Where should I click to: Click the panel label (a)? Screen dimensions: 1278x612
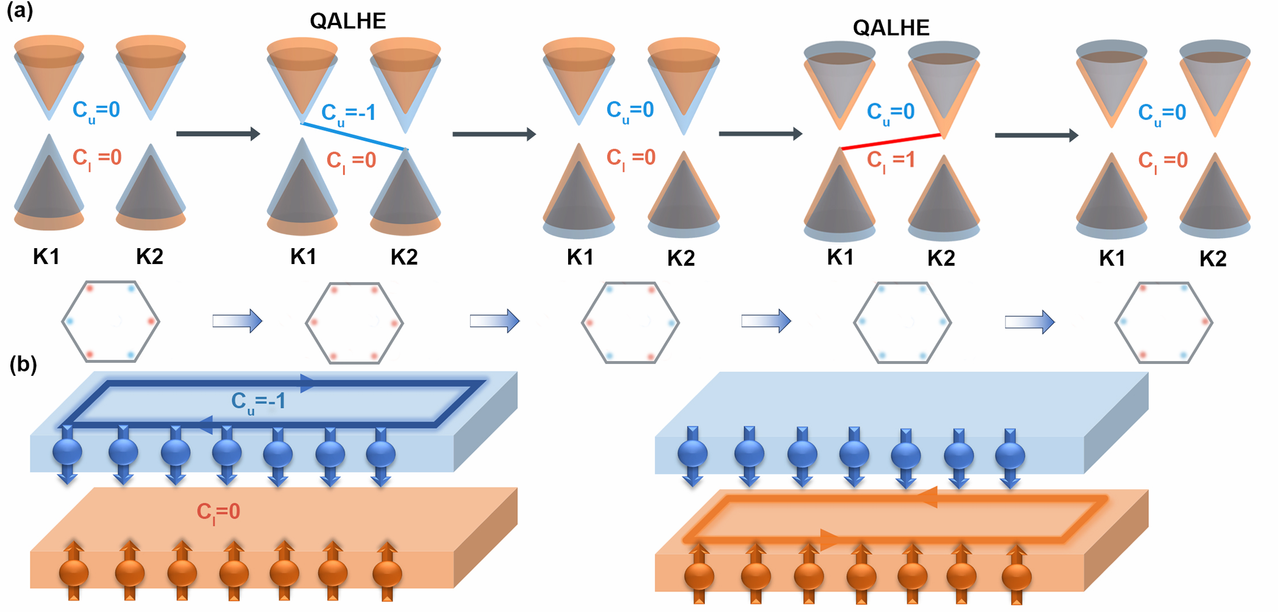pos(20,11)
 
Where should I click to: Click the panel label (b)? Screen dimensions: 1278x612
pos(23,364)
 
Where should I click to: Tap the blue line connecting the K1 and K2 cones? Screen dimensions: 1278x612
pos(354,136)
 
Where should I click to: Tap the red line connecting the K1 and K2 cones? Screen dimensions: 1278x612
pos(891,141)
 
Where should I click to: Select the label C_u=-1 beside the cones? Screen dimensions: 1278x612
pos(348,113)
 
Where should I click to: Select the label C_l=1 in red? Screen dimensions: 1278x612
pos(891,160)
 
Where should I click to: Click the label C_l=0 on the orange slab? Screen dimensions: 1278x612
pos(218,512)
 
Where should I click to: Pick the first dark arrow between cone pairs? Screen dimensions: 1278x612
pos(218,134)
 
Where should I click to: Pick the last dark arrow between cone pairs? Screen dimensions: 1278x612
pos(1036,135)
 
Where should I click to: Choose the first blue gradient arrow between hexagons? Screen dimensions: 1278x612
pos(237,321)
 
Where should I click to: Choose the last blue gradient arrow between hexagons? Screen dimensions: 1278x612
pos(1030,321)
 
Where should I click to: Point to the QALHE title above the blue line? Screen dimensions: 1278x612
pos(348,21)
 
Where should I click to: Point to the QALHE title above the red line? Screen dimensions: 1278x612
pos(891,27)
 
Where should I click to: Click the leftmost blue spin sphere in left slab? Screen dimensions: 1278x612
pos(68,452)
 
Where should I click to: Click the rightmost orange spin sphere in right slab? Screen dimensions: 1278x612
pos(1016,576)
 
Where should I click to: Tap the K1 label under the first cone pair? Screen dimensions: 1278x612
pos(46,256)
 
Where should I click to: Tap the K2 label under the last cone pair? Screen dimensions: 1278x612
pos(1213,259)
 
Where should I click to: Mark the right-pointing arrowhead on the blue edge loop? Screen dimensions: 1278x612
pos(308,383)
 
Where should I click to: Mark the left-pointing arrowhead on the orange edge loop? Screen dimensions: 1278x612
pos(928,497)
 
